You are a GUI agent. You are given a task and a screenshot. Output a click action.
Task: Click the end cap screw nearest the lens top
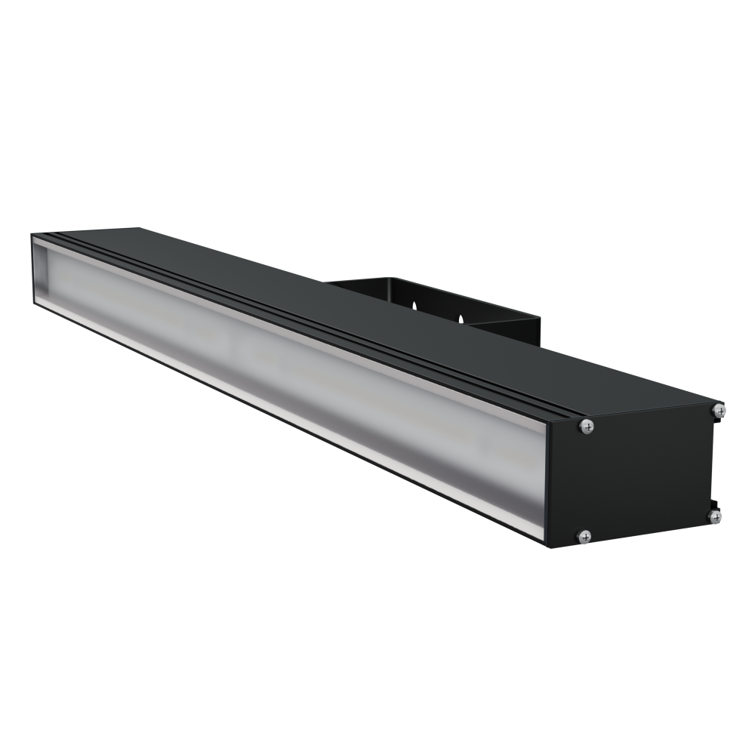point(587,427)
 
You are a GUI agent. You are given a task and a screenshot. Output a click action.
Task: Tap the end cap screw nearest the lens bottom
point(584,536)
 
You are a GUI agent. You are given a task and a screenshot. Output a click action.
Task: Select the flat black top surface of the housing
point(377,302)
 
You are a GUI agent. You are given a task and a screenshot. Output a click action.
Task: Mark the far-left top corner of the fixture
point(34,236)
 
